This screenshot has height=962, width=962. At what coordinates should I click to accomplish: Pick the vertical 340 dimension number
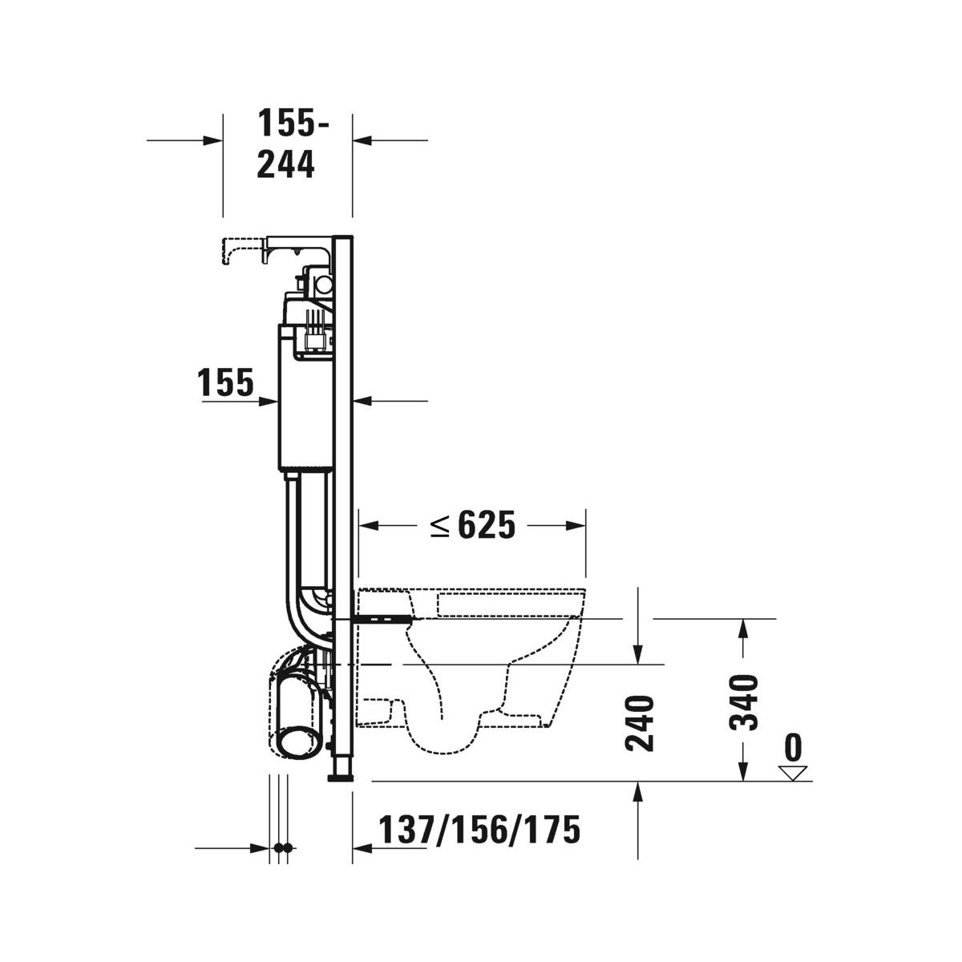click(x=743, y=702)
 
